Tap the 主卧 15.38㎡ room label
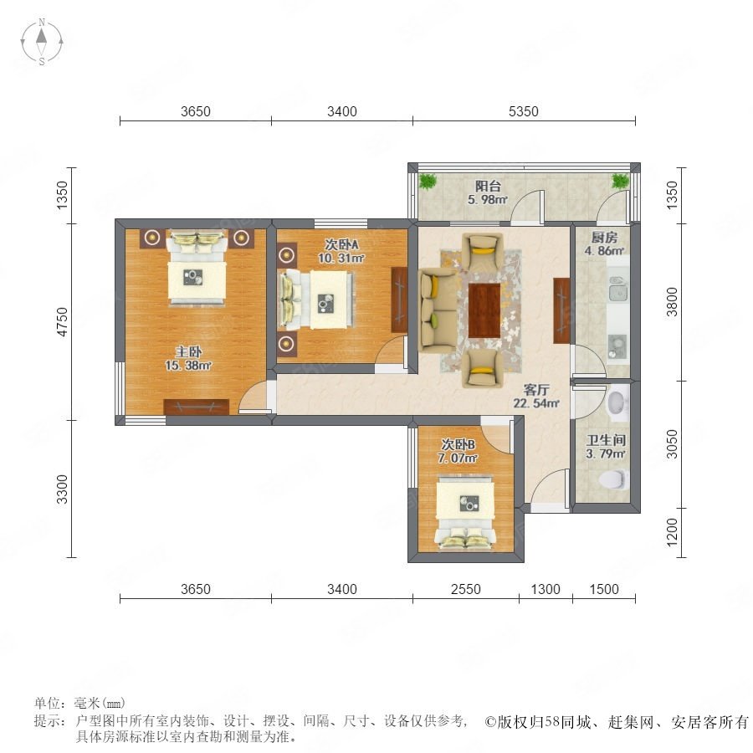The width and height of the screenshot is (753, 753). tap(188, 358)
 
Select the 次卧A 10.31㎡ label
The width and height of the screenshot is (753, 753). tap(341, 251)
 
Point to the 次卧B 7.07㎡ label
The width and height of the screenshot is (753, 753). tap(458, 451)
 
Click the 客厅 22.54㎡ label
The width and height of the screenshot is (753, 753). tap(536, 397)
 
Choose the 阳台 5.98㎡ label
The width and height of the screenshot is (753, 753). tap(488, 192)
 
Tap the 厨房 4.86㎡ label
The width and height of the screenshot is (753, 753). tap(604, 244)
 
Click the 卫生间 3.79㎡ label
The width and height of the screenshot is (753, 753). tap(606, 447)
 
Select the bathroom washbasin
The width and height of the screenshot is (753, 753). tap(617, 402)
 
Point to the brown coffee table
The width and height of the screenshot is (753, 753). tap(484, 310)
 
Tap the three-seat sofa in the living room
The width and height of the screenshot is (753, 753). tap(438, 310)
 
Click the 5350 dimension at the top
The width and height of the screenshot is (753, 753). tap(524, 111)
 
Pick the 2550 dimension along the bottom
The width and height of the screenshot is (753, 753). tap(465, 589)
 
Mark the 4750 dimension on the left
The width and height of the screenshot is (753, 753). tap(63, 322)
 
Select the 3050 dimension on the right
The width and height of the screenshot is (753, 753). tap(672, 443)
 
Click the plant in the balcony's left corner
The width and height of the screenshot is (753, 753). tap(427, 181)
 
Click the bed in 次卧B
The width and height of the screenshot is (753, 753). tap(465, 512)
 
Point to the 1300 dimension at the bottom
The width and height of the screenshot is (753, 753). tap(546, 589)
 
